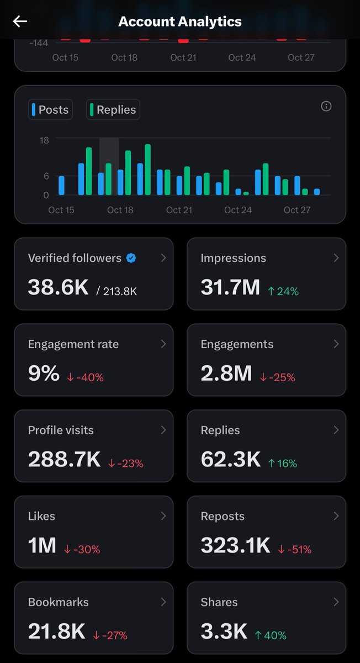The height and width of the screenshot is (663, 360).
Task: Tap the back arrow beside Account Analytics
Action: pos(20,22)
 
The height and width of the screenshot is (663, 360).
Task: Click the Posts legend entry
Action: pos(50,109)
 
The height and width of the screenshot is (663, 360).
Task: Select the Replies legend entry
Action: pos(113,109)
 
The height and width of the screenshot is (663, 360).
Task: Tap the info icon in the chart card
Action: pos(326,106)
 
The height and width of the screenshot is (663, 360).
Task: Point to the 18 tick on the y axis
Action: pos(44,140)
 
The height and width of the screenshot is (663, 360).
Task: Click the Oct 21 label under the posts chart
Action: pos(179,210)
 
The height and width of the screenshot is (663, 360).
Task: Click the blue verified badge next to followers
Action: pos(131,258)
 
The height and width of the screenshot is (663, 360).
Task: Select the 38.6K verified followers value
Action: pos(58,287)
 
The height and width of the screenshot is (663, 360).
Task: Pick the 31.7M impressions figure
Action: pos(230,287)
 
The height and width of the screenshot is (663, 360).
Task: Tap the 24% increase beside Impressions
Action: pos(283,291)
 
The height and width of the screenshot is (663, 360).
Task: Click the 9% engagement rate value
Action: pos(44,373)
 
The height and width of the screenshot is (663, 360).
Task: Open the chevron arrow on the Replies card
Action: pos(336,430)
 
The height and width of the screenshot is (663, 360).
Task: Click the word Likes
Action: pos(41,516)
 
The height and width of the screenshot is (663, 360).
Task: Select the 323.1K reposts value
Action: pos(236,546)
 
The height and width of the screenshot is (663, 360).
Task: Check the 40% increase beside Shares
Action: pos(271,636)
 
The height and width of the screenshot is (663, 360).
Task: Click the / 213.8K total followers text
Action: pos(117,291)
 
